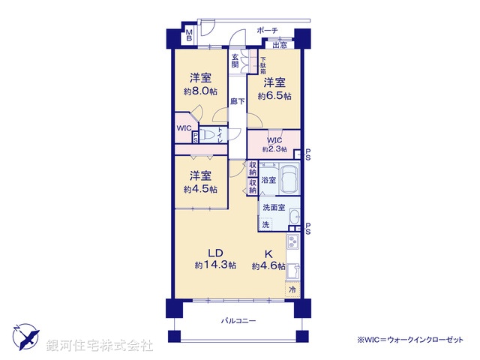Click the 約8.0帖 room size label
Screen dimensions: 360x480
point(199,91)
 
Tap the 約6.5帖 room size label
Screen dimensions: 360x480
point(274,96)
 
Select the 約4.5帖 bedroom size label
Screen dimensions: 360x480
point(199,189)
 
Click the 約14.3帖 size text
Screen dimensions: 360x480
point(215,265)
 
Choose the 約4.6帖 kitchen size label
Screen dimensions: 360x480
point(268,265)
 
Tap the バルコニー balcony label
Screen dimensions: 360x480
point(238,320)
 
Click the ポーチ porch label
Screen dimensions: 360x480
point(267,31)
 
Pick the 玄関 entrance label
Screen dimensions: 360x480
point(235,61)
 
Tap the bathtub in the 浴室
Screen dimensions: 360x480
point(289,181)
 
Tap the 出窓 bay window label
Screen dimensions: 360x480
point(279,45)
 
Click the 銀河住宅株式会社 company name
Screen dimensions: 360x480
point(100,345)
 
